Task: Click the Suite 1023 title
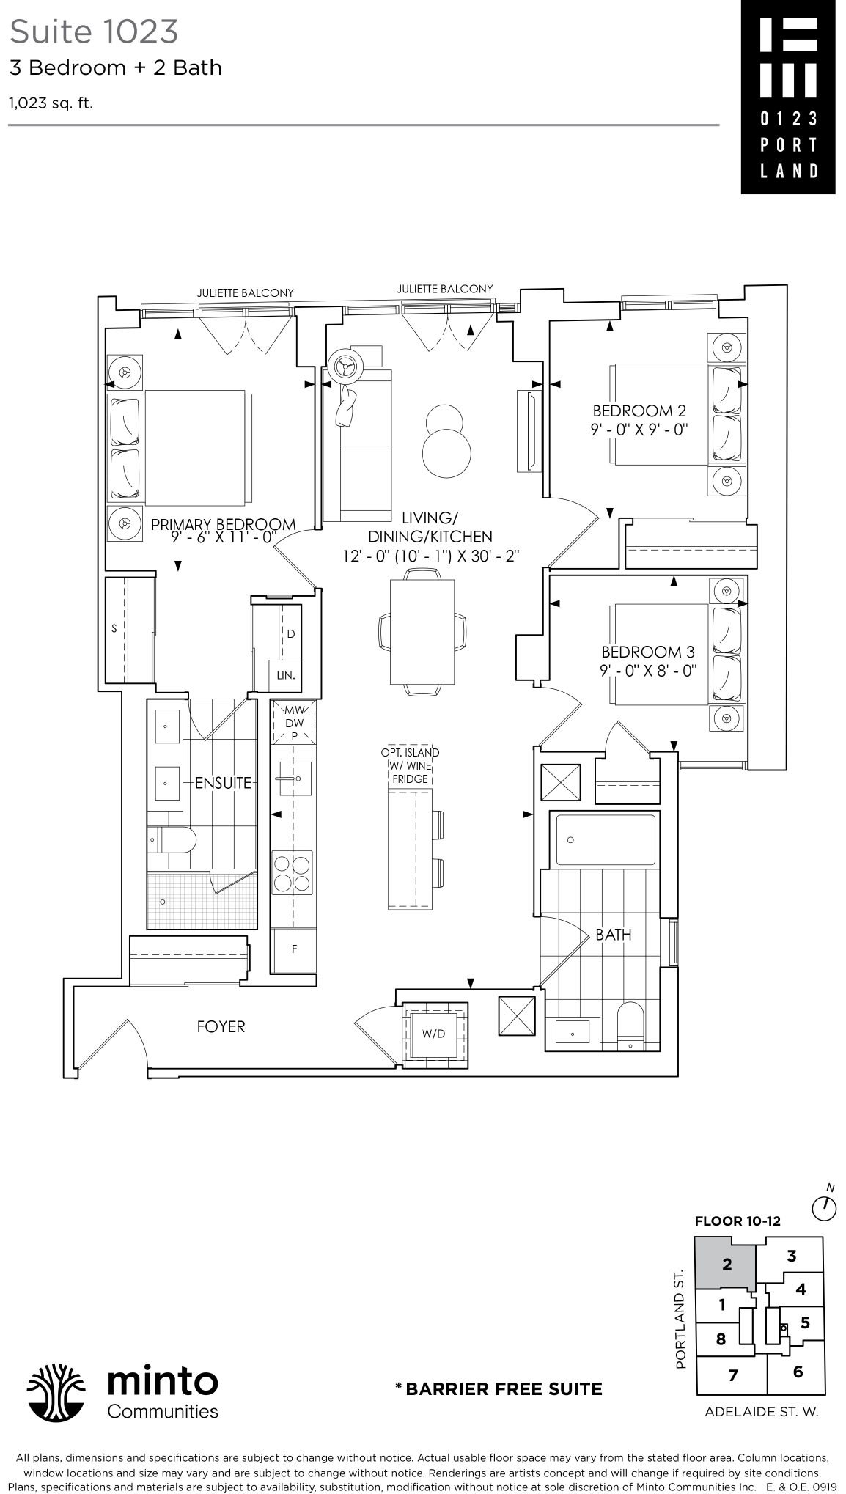coord(94,32)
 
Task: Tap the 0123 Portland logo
coord(787,97)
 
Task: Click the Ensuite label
coord(223,783)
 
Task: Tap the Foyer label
coord(221,1027)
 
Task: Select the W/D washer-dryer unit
coord(434,1034)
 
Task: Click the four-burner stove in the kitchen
coord(293,872)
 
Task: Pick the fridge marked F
coord(294,949)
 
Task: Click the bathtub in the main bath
coord(605,839)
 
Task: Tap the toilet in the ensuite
coord(173,840)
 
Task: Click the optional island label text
coord(410,765)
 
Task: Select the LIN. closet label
coord(286,675)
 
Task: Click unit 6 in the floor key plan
coord(798,1372)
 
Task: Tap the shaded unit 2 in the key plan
coord(726,1264)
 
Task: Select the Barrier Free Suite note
coord(499,1388)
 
